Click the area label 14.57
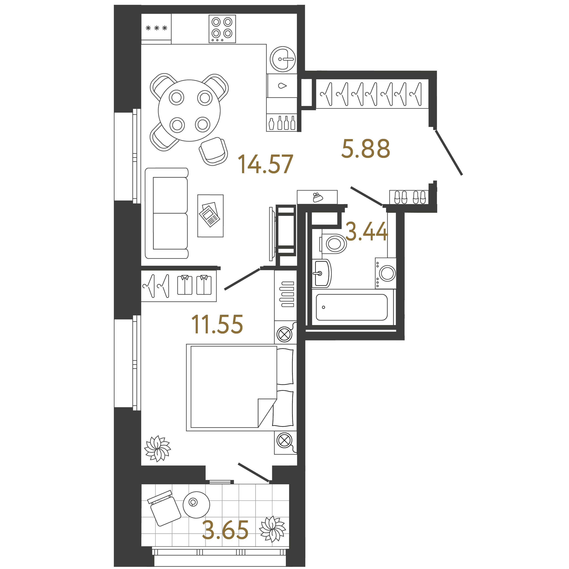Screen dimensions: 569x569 click(265, 164)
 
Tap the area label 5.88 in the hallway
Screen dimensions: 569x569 click(365, 149)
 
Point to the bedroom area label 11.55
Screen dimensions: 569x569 click(217, 324)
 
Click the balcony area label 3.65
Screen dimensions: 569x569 click(225, 530)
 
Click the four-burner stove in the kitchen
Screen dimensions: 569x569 click(222, 29)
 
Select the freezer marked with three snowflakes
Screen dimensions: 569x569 click(156, 28)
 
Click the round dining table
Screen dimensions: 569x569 click(189, 110)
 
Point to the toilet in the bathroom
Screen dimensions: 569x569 click(334, 244)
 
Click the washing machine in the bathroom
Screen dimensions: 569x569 click(386, 273)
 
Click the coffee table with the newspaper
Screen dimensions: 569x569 click(210, 216)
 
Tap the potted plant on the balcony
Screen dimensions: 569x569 click(272, 529)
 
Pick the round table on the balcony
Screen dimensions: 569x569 click(196, 504)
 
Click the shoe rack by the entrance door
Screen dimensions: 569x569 click(409, 197)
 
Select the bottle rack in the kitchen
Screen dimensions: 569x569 click(282, 122)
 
